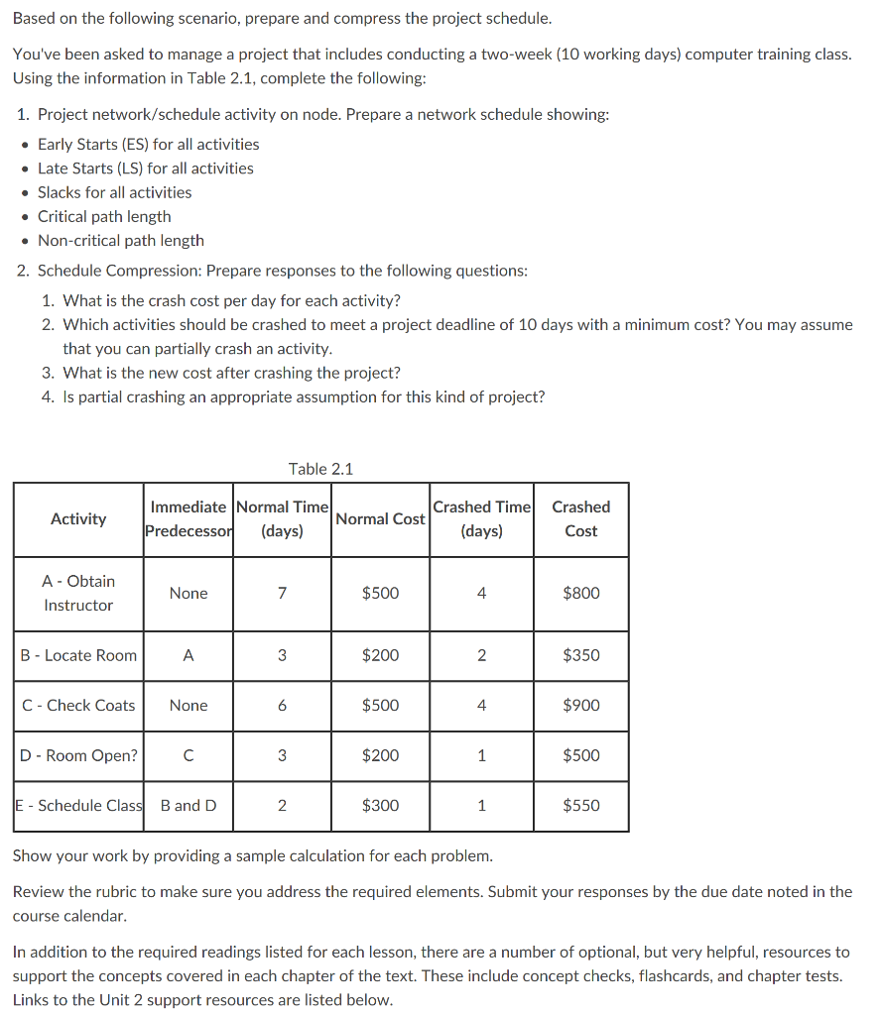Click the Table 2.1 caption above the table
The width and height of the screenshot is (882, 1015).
pos(320,469)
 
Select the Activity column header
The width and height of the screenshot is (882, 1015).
pos(78,518)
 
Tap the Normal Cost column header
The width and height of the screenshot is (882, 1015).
pos(380,518)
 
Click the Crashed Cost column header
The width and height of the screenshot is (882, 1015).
pos(580,518)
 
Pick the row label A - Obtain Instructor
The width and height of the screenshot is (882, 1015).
pos(78,593)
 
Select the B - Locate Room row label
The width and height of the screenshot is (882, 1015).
pos(78,655)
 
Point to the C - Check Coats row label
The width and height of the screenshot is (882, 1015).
pos(78,705)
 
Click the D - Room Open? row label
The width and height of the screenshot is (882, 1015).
pos(78,755)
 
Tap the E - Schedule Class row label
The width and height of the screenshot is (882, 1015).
pos(78,805)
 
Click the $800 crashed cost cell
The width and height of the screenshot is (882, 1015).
pos(580,593)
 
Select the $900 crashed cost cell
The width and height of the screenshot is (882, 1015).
pos(580,705)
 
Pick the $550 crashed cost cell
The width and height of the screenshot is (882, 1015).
pos(580,805)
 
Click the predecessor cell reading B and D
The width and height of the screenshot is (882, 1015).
pos(189,805)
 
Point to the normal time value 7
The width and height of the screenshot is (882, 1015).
pos(282,593)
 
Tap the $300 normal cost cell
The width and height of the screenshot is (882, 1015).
pos(380,805)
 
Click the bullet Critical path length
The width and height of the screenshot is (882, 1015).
pos(104,216)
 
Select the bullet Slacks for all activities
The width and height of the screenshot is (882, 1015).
pos(114,192)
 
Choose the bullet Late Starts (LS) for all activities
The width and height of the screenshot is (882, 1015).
pos(145,169)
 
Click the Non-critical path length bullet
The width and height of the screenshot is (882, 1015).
pos(120,240)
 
